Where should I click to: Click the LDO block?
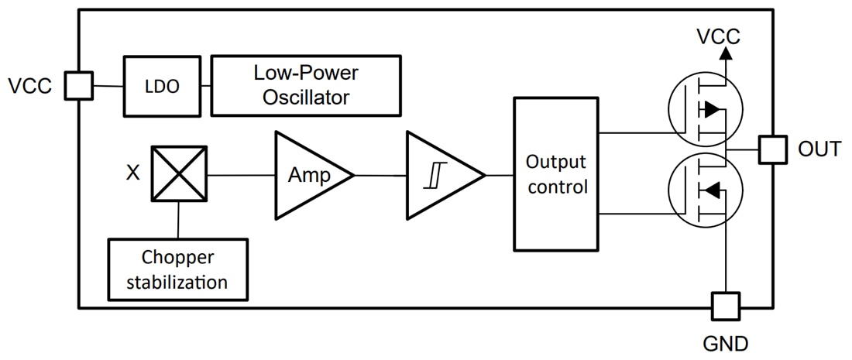coord(162,87)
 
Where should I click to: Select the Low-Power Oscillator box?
coord(306,85)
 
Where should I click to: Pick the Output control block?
coord(556,175)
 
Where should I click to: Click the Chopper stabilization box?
coord(178,269)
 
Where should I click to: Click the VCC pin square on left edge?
coord(78,86)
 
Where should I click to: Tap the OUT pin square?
coord(772,149)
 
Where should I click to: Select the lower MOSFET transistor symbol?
coord(704,189)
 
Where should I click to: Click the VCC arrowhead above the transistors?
coord(726,53)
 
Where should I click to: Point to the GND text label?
coord(726,343)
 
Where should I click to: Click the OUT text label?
coord(819,149)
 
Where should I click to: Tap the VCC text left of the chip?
coord(30,86)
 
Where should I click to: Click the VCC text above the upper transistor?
coord(718,36)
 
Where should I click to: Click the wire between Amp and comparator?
coord(381,176)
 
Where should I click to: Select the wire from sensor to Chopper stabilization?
coord(179,220)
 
